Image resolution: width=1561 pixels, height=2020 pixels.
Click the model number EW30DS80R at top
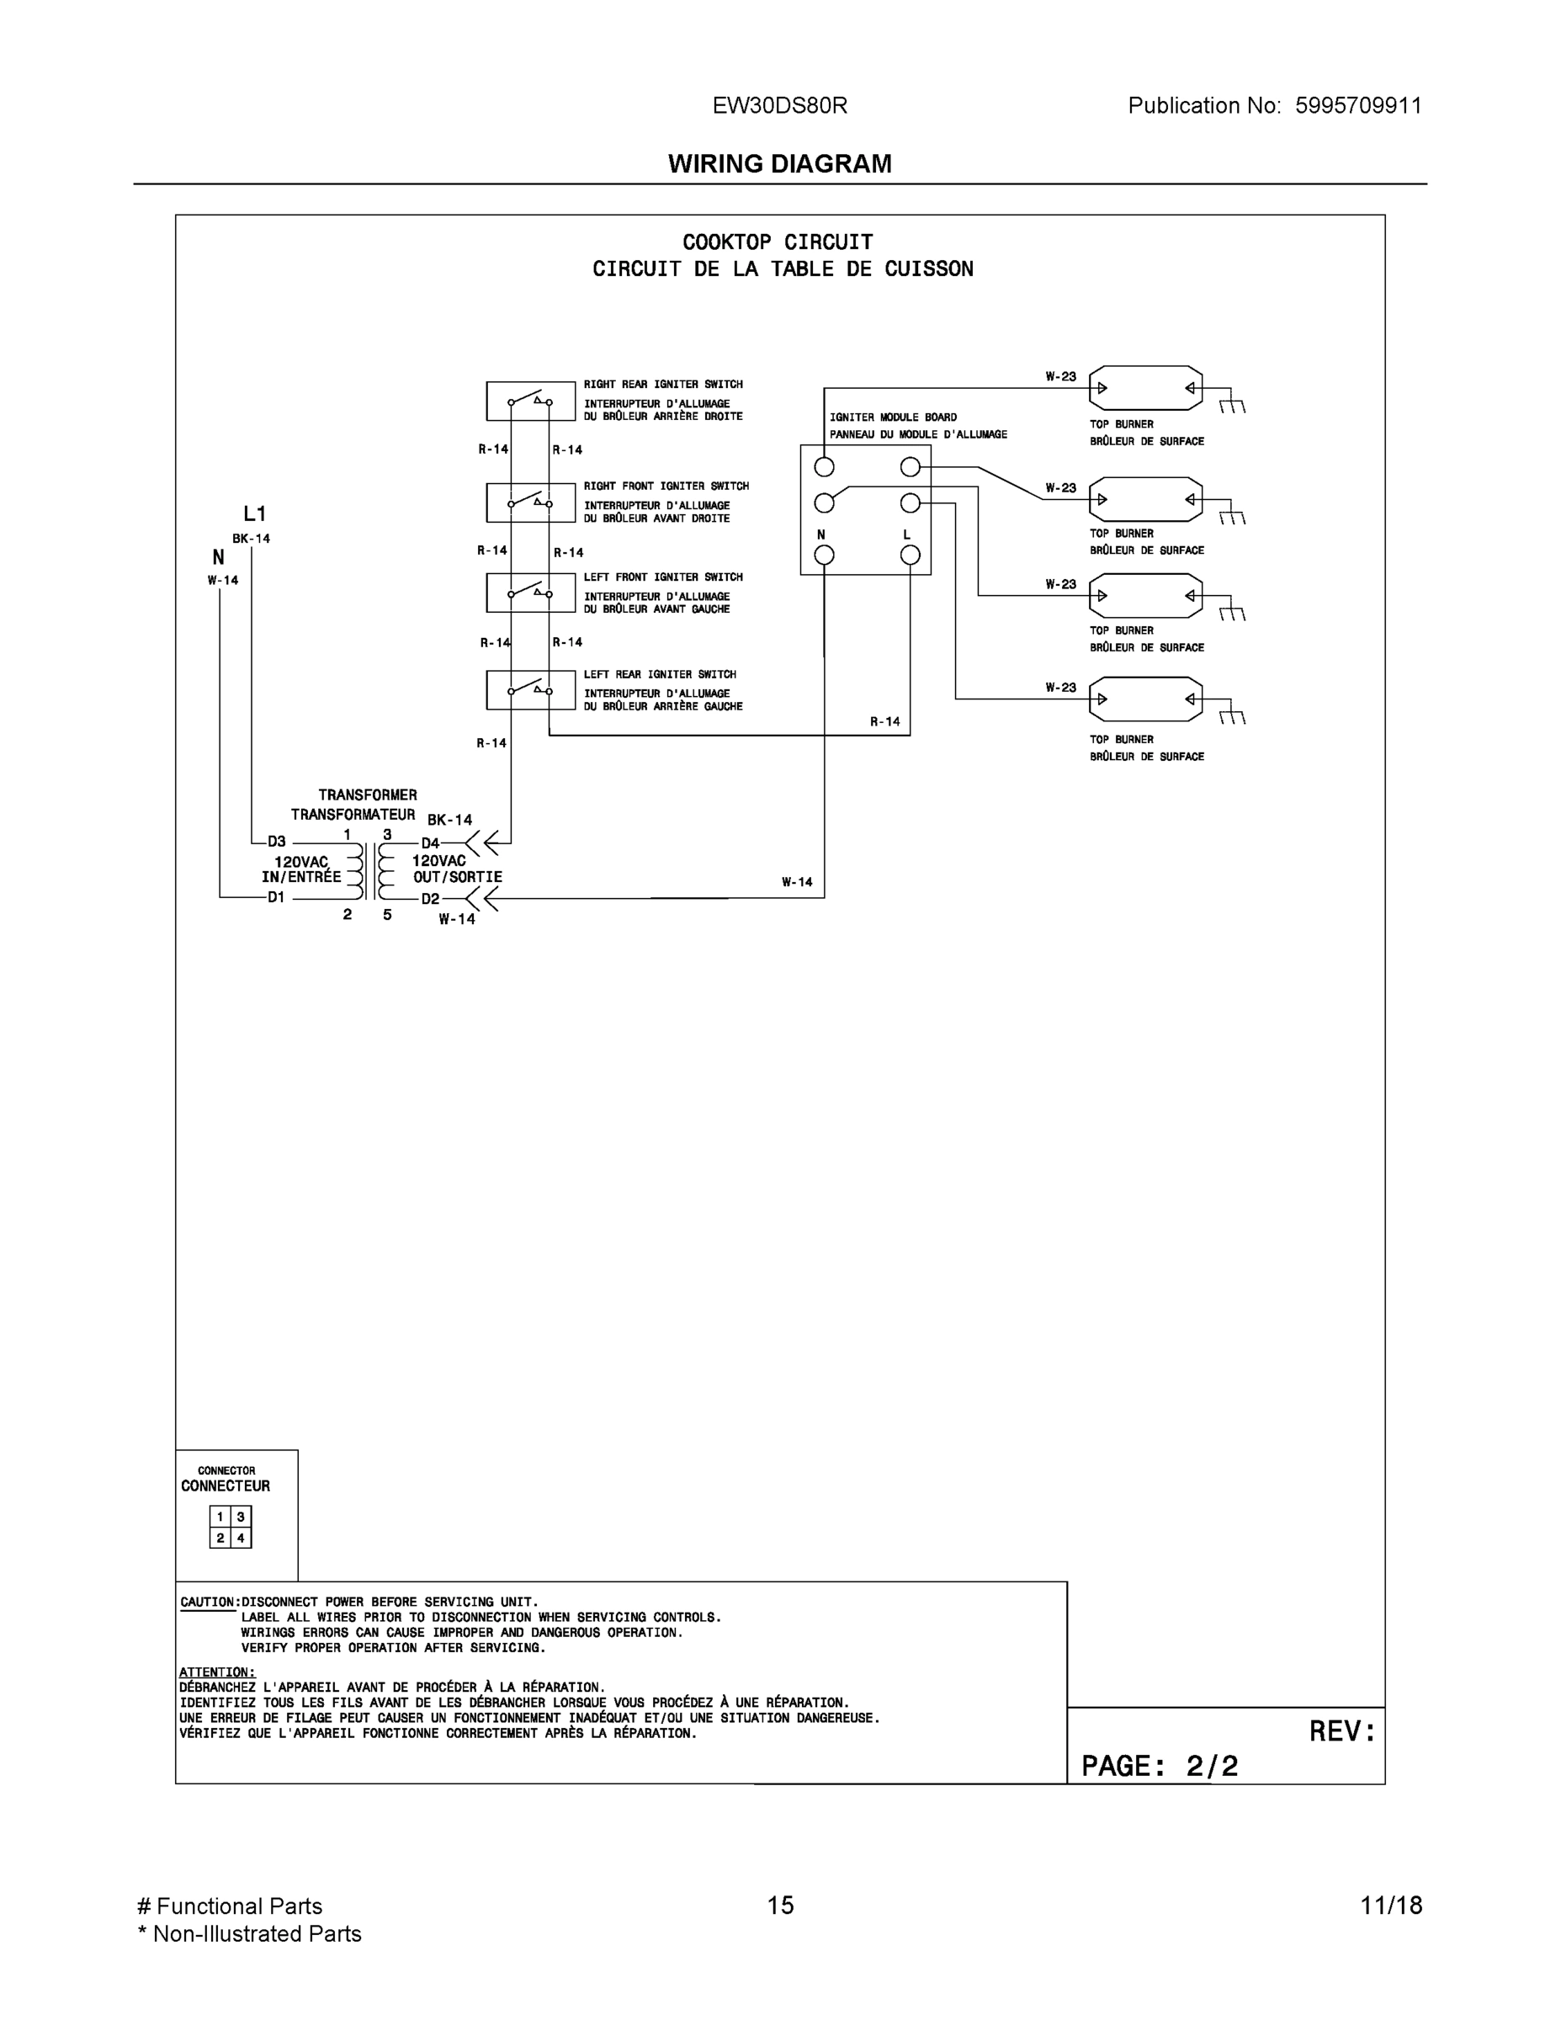(x=778, y=105)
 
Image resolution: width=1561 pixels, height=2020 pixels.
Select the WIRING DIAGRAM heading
(x=779, y=164)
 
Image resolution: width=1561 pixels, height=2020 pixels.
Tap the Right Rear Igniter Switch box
(x=531, y=401)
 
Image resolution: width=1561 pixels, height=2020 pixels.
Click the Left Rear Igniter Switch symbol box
(x=531, y=690)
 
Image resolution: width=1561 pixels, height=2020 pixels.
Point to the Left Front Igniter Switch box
(x=531, y=593)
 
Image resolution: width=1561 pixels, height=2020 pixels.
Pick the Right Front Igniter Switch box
(x=531, y=502)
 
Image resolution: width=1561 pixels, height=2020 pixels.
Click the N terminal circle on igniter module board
(x=824, y=555)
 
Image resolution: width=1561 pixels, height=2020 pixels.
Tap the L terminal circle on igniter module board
(x=910, y=555)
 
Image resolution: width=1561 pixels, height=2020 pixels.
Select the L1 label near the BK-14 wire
(x=254, y=514)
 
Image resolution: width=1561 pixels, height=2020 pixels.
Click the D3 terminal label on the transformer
(x=277, y=842)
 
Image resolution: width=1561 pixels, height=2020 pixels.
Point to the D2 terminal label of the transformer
(x=430, y=899)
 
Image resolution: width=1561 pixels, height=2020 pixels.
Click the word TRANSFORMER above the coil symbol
(x=367, y=795)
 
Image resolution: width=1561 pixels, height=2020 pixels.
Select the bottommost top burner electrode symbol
(x=1146, y=699)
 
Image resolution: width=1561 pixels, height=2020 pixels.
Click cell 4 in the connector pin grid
(x=241, y=1538)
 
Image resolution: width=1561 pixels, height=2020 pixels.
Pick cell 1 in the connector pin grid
(x=220, y=1517)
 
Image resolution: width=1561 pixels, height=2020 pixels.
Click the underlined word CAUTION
(x=208, y=1602)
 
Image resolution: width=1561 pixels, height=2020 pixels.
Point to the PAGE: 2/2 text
(x=1159, y=1767)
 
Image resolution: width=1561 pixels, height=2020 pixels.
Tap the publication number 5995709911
(x=1357, y=105)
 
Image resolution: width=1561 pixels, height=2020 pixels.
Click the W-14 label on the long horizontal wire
(x=796, y=882)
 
